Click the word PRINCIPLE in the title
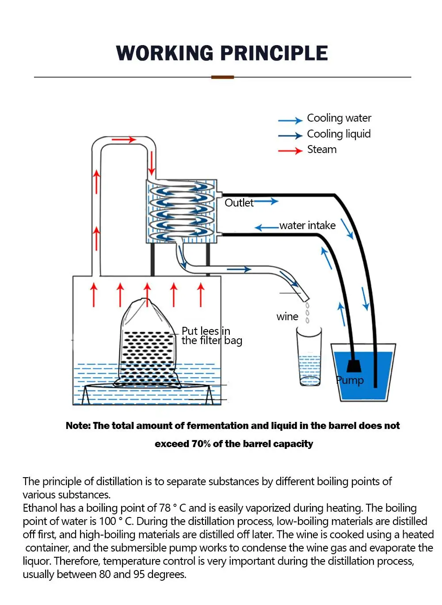[x=274, y=53]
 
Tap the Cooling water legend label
[x=339, y=118]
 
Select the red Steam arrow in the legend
[x=290, y=151]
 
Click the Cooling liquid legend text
[x=339, y=134]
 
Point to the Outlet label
[x=239, y=203]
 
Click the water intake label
[x=307, y=226]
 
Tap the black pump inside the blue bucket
[x=354, y=366]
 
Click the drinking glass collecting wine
[x=309, y=356]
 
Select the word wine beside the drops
[x=287, y=317]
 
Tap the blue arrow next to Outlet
[x=266, y=201]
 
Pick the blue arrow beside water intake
[x=267, y=228]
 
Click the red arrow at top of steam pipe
[x=124, y=140]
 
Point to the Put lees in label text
[x=206, y=331]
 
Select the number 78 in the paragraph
[x=165, y=508]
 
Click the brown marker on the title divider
[x=222, y=77]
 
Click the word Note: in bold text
[x=78, y=426]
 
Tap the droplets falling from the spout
[x=307, y=311]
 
